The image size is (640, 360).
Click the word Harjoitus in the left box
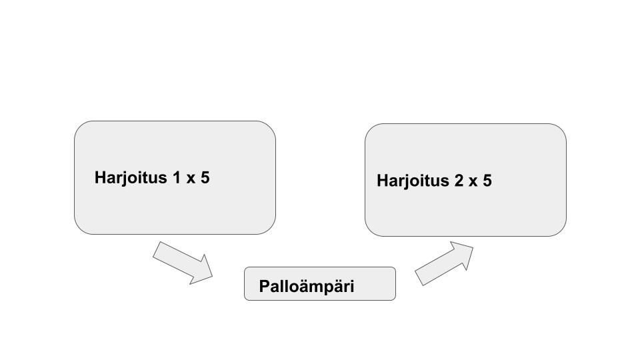coord(131,178)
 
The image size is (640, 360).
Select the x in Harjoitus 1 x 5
coord(190,179)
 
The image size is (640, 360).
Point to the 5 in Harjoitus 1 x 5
coord(205,178)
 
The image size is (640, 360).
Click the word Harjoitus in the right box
coord(413,181)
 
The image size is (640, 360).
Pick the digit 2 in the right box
coord(459,181)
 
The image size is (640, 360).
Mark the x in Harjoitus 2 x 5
coord(473,181)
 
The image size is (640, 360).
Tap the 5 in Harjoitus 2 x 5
coord(487,181)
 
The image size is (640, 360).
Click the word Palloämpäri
coord(306,287)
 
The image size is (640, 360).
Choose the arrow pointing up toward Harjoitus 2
coord(444,264)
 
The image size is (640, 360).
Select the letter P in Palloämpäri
coord(265,287)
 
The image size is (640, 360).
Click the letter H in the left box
coord(101,178)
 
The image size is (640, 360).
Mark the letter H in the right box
coord(383,181)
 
